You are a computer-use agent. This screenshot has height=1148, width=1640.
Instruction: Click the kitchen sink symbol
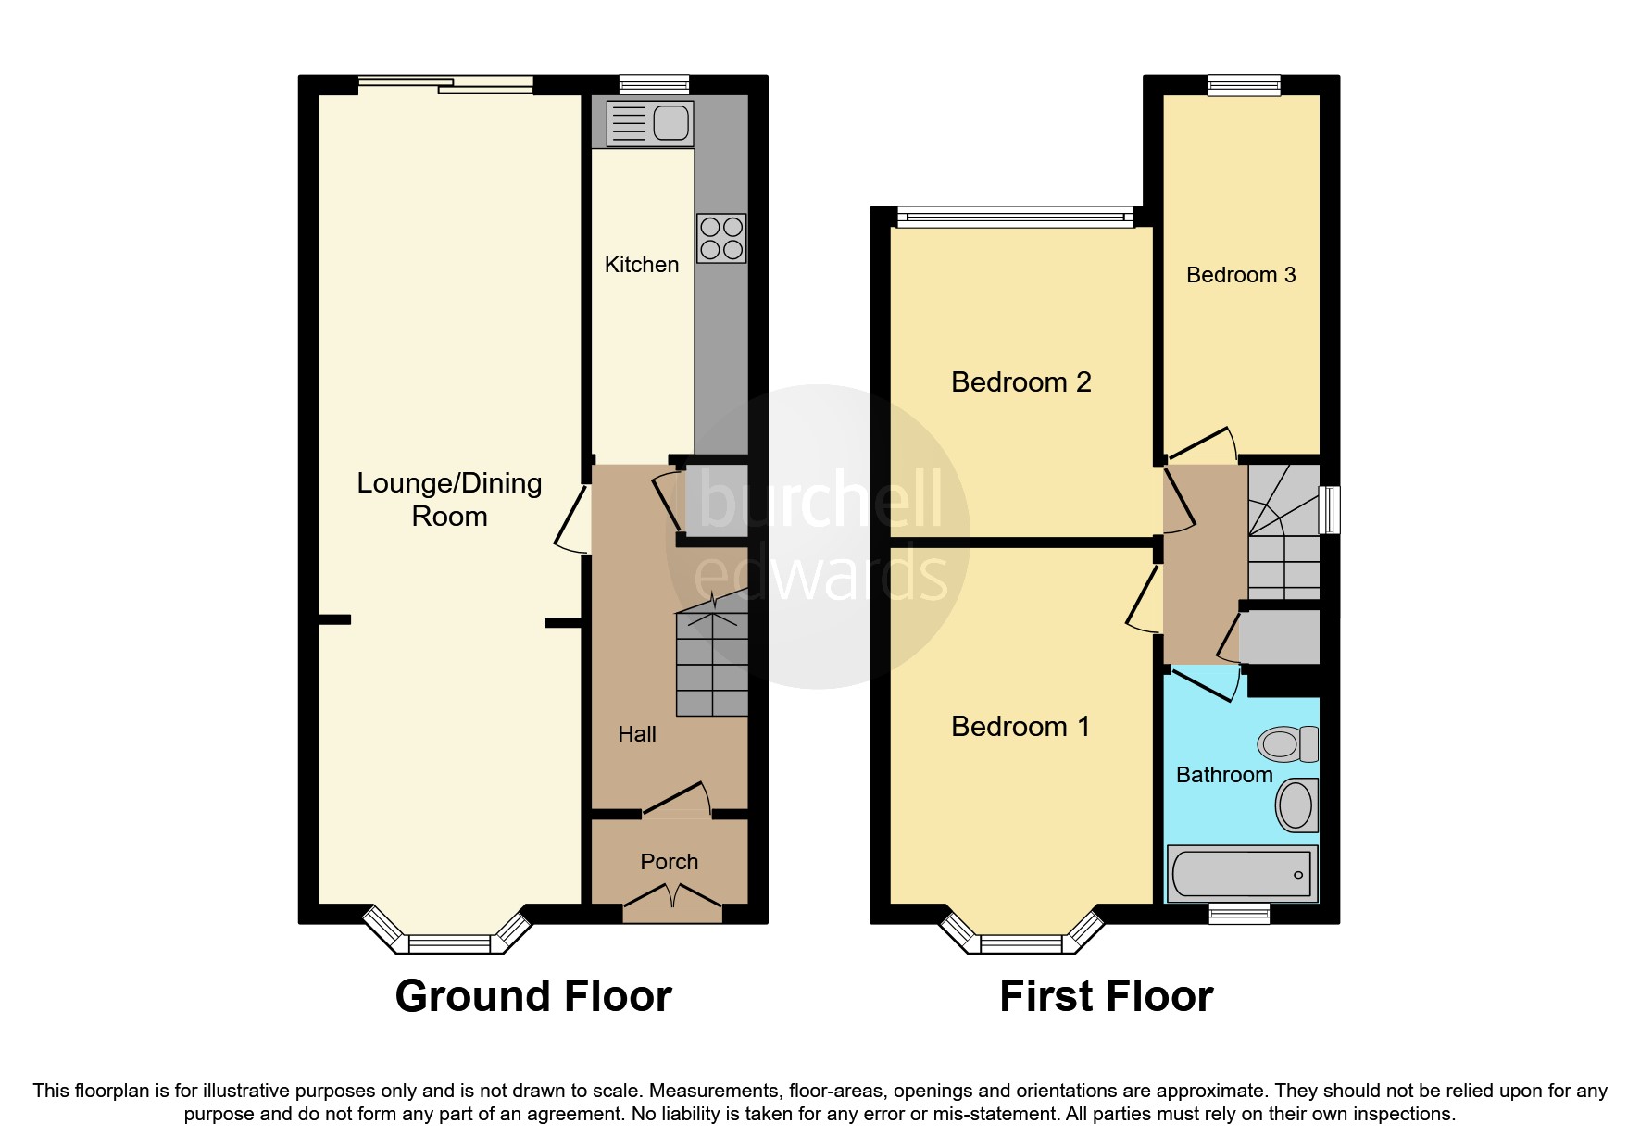(649, 123)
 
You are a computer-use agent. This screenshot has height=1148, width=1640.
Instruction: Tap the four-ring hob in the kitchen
(721, 238)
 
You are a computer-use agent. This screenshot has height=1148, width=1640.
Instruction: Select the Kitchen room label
(641, 265)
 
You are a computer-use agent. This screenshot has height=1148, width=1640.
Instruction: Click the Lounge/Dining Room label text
(449, 499)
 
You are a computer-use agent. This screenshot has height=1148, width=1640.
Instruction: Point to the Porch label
(669, 862)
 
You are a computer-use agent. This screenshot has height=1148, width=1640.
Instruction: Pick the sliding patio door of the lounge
(445, 85)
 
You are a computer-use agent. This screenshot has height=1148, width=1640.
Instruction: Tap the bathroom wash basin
(1296, 805)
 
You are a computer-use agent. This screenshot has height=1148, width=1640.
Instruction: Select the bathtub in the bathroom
(1241, 873)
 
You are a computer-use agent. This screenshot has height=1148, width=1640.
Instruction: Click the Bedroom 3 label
(1240, 275)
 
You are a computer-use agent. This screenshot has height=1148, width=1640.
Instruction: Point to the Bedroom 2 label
(1020, 382)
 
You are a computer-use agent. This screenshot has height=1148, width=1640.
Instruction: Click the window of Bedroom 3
(1244, 85)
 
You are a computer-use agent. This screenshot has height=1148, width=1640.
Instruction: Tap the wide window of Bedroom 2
(1015, 218)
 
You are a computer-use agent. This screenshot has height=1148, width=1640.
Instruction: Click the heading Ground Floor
(533, 996)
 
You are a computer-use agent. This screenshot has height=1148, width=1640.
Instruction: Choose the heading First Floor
(1106, 996)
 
